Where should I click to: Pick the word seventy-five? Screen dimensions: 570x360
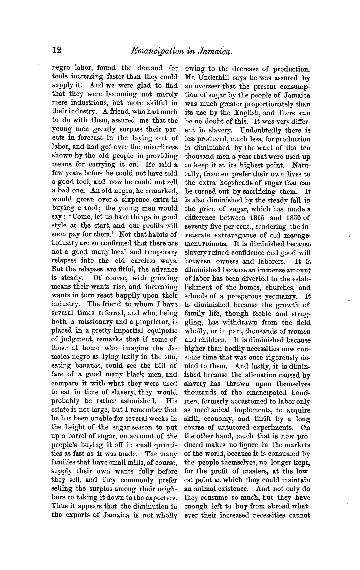pyautogui.click(x=203, y=226)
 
